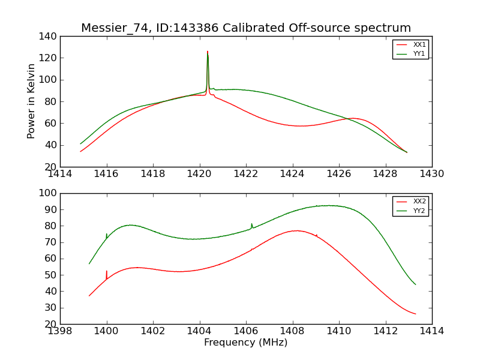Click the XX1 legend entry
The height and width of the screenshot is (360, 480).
419,45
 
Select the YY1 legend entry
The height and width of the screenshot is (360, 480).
419,53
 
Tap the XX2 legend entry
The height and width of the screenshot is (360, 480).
419,202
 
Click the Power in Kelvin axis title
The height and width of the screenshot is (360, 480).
31,101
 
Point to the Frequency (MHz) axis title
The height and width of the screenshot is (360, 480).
245,343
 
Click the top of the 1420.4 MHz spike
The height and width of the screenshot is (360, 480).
208,52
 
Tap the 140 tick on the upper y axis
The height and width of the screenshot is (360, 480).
50,37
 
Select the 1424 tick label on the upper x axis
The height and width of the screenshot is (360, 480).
292,174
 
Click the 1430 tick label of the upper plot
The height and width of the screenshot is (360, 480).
431,174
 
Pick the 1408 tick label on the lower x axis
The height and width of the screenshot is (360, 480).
292,331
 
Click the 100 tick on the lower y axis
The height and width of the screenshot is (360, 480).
50,193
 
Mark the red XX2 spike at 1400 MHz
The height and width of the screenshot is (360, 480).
107,272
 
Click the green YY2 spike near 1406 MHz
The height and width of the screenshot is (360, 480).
252,224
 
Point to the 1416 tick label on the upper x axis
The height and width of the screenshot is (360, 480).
107,174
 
